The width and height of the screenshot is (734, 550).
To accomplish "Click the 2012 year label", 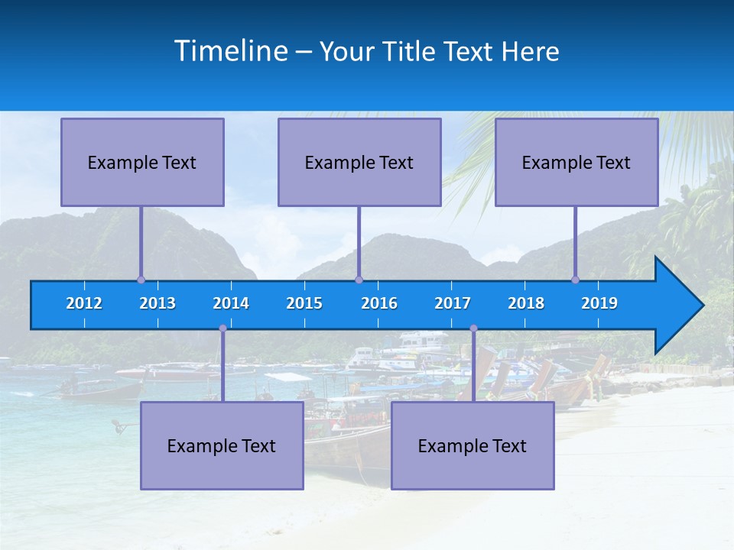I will [x=84, y=303].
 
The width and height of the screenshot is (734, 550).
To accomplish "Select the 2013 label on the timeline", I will [x=158, y=303].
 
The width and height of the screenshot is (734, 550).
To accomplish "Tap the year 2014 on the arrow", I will [x=231, y=303].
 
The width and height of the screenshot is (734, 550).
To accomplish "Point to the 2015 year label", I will [x=304, y=303].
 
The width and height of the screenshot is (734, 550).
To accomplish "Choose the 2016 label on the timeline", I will [x=379, y=303].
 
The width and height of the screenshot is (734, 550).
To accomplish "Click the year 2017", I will [x=453, y=303].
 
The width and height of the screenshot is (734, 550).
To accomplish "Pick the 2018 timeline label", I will [x=526, y=303].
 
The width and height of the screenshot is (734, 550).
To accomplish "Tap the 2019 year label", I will [x=599, y=303].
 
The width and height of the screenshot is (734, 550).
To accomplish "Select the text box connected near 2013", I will [x=142, y=162].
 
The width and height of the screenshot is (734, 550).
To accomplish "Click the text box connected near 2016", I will [x=359, y=162].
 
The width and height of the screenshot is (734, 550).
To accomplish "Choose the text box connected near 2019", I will [x=576, y=162].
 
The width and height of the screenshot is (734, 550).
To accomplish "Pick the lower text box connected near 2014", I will [x=222, y=445].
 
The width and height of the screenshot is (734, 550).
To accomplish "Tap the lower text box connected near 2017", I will [x=473, y=445].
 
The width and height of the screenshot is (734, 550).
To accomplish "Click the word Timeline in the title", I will [x=230, y=51].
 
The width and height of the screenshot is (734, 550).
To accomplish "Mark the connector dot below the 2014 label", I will [x=222, y=328].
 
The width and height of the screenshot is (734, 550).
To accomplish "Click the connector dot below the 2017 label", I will [x=473, y=328].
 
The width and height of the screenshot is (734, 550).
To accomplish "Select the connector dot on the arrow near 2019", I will [x=576, y=280].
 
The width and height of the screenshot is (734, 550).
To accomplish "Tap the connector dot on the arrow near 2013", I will [x=141, y=280].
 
